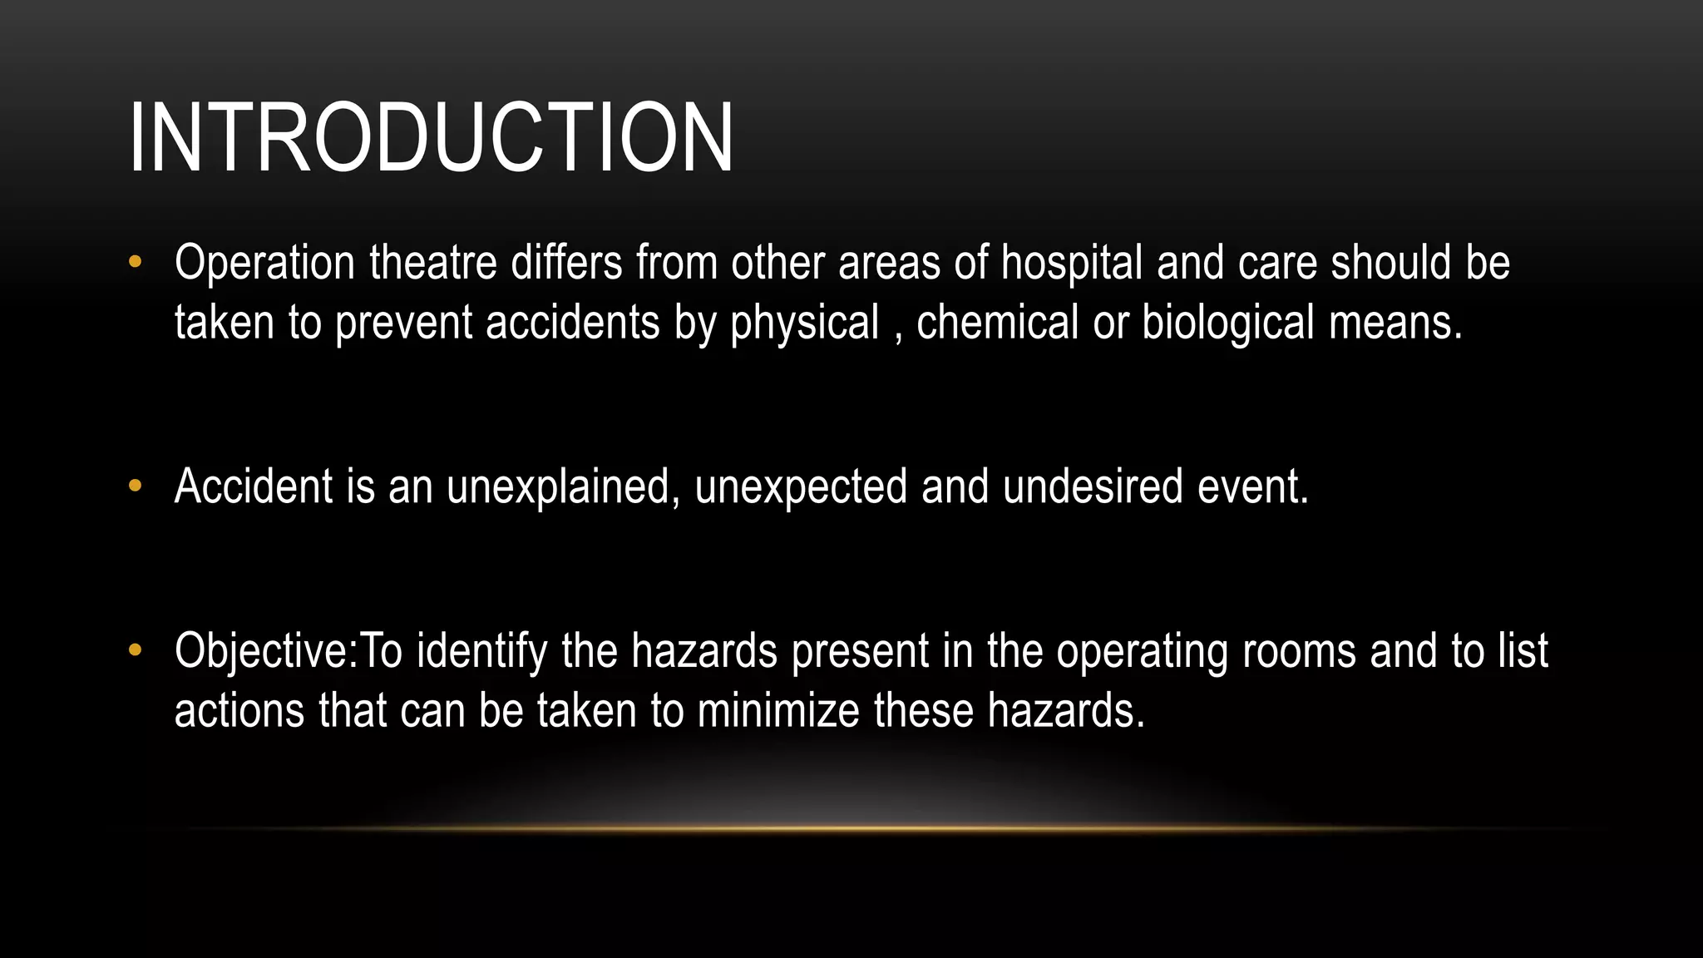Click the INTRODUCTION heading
pyautogui.click(x=432, y=137)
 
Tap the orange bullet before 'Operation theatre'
pyautogui.click(x=136, y=263)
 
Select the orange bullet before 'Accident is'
pyautogui.click(x=136, y=486)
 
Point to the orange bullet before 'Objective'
pyautogui.click(x=136, y=650)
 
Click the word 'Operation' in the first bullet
pyautogui.click(x=264, y=263)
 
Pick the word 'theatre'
pyautogui.click(x=433, y=263)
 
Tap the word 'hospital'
pyautogui.click(x=1072, y=263)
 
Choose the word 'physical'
pyautogui.click(x=804, y=323)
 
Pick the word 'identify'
pyautogui.click(x=481, y=650)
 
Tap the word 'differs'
pyautogui.click(x=566, y=263)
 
